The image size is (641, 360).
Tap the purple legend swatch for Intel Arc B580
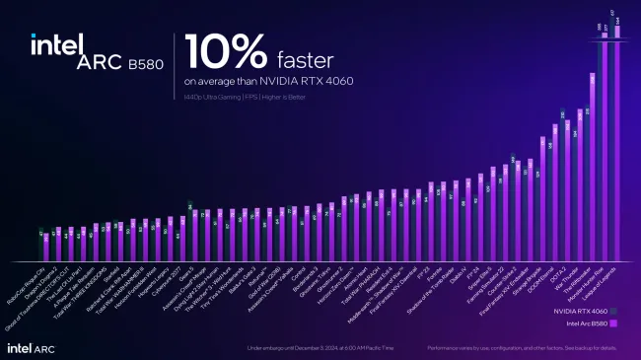tap(613, 323)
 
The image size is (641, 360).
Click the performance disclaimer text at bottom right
tap(523, 348)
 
